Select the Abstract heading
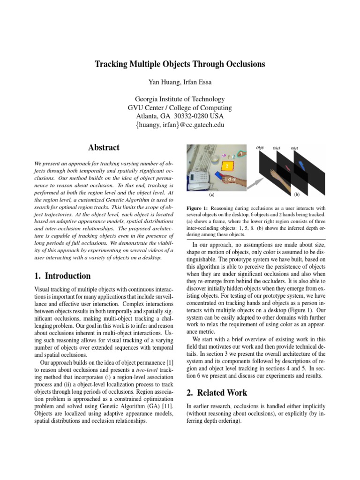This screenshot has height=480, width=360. [104, 148]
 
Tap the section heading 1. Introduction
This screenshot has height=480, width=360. [62, 276]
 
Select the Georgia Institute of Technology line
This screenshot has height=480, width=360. [180, 99]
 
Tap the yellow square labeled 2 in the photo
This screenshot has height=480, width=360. [227, 166]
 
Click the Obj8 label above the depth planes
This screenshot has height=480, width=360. [260, 149]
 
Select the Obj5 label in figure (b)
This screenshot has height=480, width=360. [277, 149]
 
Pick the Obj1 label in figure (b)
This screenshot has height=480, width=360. [294, 149]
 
